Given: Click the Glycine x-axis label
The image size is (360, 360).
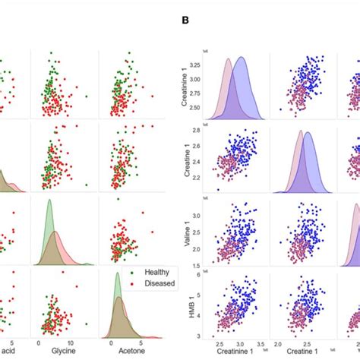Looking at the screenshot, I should click(x=62, y=352).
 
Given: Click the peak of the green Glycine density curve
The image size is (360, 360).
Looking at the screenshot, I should click(x=49, y=201).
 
